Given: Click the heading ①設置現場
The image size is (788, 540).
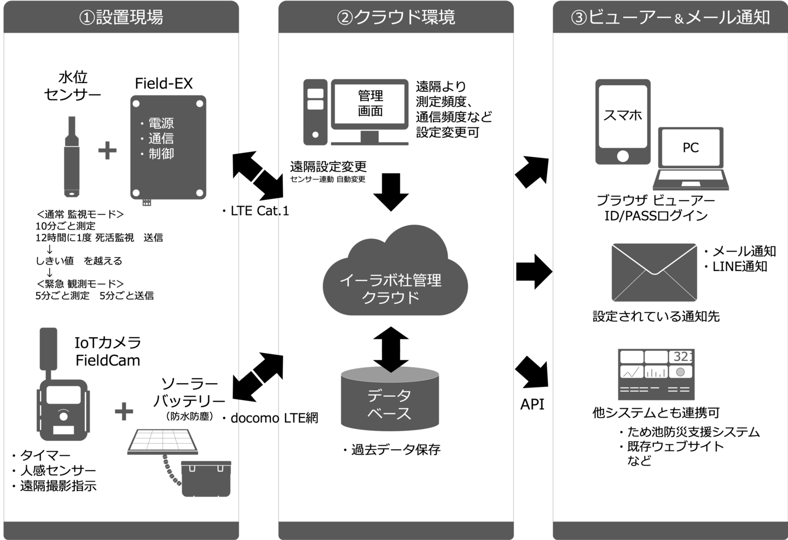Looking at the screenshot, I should [x=121, y=17].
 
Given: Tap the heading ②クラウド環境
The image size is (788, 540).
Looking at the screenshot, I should [x=396, y=17].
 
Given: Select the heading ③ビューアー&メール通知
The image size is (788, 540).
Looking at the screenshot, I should [x=670, y=17].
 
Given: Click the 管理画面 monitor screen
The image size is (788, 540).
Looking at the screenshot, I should [x=370, y=104].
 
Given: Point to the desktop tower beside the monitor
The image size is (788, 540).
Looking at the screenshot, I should [x=315, y=112].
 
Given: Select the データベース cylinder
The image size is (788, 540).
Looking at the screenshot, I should [x=390, y=402].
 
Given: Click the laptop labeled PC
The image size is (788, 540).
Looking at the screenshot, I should [x=691, y=159].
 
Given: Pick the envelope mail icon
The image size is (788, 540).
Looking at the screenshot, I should [x=654, y=272].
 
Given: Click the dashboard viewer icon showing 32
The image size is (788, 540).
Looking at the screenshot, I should [x=656, y=374].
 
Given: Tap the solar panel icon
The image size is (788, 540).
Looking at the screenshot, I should [x=163, y=442].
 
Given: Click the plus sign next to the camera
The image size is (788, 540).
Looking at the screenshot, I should [x=124, y=412].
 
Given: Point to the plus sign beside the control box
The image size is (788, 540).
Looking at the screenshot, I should [x=107, y=151].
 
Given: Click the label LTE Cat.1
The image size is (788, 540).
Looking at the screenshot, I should [x=259, y=212].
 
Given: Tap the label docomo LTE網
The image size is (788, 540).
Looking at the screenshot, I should [x=274, y=419].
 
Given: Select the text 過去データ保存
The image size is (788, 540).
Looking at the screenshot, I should [x=396, y=450].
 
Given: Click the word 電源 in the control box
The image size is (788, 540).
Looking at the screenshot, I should [x=161, y=124].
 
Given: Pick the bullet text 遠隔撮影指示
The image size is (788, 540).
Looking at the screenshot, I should [x=59, y=486].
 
